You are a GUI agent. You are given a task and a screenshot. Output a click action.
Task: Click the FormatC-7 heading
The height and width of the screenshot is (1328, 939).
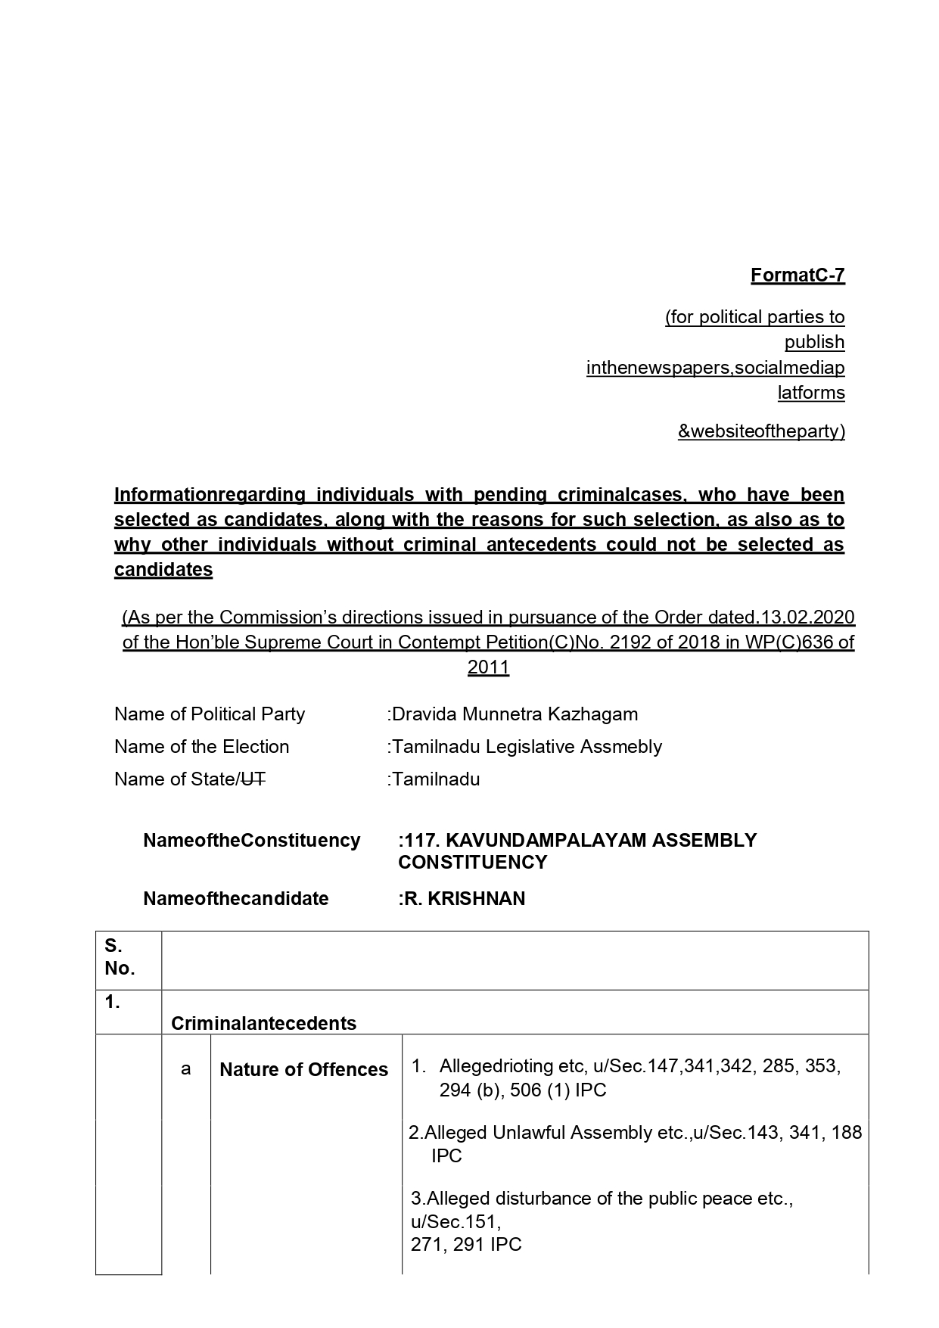click(797, 275)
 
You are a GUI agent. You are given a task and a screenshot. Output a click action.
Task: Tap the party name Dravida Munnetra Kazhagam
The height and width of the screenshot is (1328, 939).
click(515, 714)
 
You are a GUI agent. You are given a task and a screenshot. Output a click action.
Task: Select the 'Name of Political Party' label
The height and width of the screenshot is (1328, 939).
click(210, 714)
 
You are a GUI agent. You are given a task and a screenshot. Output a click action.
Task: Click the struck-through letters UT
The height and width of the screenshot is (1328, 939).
click(253, 779)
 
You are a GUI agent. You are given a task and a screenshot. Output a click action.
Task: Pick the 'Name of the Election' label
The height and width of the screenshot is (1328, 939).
click(201, 747)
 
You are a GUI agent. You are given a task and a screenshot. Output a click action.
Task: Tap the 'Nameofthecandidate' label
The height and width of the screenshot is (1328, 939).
click(236, 899)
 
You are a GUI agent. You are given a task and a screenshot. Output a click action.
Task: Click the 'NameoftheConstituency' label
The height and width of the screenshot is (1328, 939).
click(251, 841)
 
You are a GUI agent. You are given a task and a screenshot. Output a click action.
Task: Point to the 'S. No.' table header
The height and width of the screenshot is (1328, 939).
click(120, 957)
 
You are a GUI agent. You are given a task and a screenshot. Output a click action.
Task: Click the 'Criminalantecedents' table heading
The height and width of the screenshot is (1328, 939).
click(263, 1024)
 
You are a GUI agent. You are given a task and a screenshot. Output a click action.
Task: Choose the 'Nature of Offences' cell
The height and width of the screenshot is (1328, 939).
click(303, 1070)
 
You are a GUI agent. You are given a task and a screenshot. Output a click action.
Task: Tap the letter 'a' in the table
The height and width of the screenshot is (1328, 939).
click(185, 1069)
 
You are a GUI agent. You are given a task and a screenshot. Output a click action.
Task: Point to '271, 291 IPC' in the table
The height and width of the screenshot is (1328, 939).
click(466, 1245)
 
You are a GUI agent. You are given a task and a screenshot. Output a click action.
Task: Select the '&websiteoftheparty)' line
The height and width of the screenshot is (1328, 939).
click(760, 431)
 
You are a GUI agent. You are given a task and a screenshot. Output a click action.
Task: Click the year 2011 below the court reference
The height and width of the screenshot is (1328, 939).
click(488, 667)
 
